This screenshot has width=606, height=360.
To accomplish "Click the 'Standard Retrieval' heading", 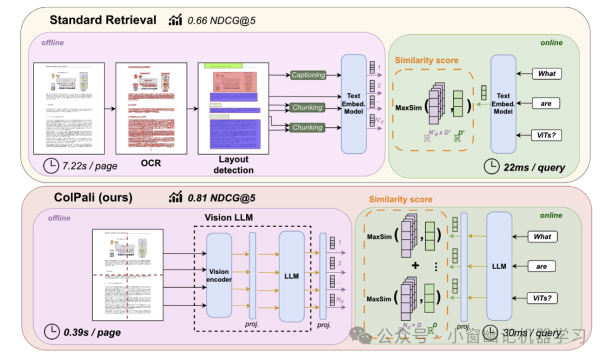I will click(103, 20).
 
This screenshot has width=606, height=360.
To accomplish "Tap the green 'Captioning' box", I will click(308, 75).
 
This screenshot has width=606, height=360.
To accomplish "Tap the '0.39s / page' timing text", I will click(93, 332).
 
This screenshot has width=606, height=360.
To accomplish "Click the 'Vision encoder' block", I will click(219, 275).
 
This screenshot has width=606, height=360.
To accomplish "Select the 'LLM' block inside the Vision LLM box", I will click(291, 276).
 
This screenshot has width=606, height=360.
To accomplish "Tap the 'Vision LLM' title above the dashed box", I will click(226, 218).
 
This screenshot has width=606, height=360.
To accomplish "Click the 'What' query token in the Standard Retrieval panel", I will click(546, 73).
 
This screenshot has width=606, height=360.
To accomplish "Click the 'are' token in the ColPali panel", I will click(541, 266).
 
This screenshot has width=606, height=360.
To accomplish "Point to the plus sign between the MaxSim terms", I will click(416, 266).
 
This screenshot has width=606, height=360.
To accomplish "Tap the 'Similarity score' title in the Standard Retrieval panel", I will click(426, 60).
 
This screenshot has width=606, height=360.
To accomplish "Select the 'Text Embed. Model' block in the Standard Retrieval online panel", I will click(503, 104).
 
